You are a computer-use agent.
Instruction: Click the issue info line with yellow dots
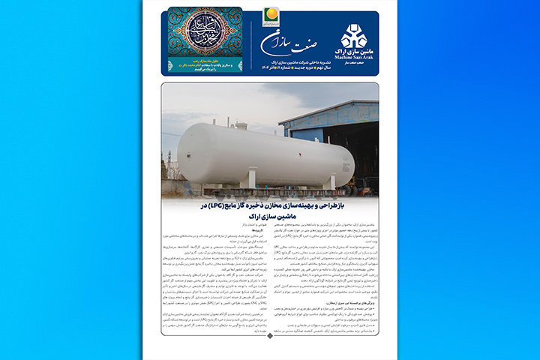[289, 67]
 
